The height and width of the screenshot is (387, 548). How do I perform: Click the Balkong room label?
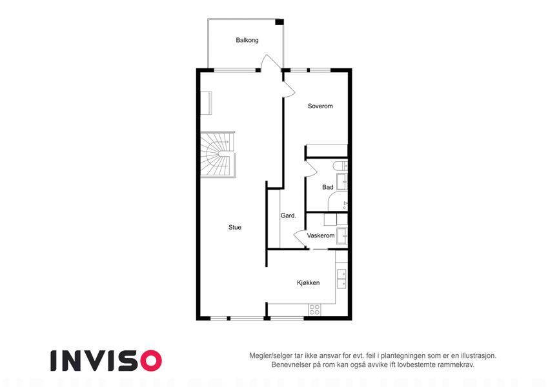point(247,40)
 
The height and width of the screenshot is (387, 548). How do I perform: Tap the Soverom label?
point(320,106)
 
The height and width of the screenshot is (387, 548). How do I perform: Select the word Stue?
point(235,227)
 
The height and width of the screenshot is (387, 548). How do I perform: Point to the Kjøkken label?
point(309,283)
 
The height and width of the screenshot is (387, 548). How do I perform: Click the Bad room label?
point(327,187)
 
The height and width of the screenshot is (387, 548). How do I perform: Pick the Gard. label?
point(289,215)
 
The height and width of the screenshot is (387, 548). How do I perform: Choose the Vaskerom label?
point(321,235)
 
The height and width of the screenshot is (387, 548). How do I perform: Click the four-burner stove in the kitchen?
point(314,310)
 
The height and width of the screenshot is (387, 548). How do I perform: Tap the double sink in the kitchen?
point(341,279)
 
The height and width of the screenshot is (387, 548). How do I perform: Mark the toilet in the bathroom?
point(340,166)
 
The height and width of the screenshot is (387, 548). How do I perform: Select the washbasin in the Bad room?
point(342,182)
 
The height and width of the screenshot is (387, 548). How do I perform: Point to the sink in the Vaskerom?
point(342,235)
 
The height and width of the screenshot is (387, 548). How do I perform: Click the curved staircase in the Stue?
point(218,154)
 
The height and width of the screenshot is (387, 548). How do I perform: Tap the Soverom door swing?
point(289,89)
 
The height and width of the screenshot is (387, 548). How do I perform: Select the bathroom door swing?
point(311,168)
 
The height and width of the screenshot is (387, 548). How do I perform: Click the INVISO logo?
point(106,361)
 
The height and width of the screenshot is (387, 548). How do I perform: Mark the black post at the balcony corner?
point(279,22)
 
